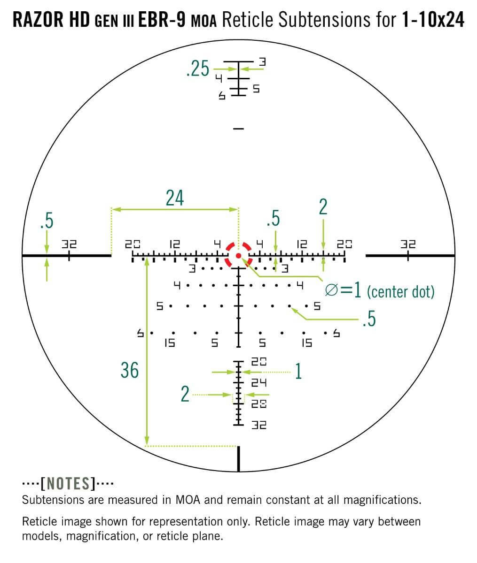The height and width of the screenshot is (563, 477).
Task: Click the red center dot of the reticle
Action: [x=239, y=255]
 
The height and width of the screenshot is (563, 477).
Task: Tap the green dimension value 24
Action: [x=174, y=198]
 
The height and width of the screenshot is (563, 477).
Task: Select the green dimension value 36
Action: [x=130, y=370]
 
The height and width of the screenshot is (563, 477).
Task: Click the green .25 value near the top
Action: [x=197, y=69]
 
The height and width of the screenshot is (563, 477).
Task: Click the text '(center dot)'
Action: [x=400, y=292]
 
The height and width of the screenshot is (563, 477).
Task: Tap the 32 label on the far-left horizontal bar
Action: [x=69, y=244]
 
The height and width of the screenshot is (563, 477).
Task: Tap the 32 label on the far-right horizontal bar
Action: [x=408, y=244]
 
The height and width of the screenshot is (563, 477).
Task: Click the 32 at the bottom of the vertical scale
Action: [x=259, y=425]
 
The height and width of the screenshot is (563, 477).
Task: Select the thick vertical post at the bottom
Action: [x=239, y=458]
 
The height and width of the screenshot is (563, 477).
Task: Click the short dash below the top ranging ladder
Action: [x=239, y=128]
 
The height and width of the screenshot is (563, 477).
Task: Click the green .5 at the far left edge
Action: [x=47, y=221]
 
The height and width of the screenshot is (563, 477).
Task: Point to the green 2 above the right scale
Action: [x=323, y=207]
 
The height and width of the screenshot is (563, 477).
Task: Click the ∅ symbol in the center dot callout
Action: [x=331, y=291]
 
